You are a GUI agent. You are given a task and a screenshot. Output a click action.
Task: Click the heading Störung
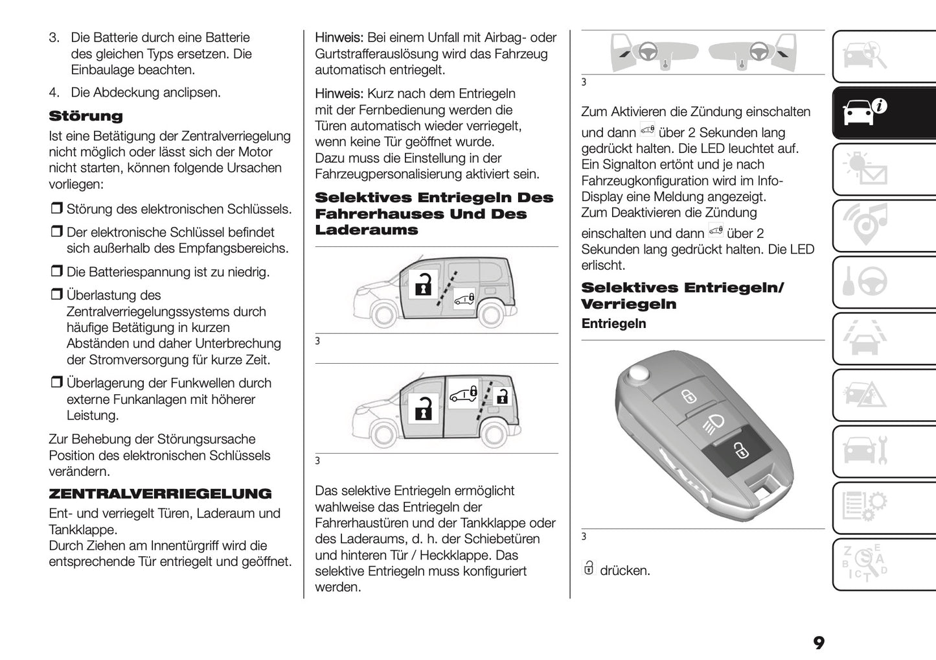tap(86, 117)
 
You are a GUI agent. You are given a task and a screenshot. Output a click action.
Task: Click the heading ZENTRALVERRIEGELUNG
tap(160, 494)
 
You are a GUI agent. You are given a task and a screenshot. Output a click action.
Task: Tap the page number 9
tap(819, 642)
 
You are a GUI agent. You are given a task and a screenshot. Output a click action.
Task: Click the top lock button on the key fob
tap(687, 396)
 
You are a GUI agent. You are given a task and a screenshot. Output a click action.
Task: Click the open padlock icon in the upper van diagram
tap(423, 285)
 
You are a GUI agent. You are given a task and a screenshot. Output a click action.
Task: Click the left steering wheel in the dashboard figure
tap(646, 52)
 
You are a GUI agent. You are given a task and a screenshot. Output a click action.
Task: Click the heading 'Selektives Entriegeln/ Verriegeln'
tap(682, 296)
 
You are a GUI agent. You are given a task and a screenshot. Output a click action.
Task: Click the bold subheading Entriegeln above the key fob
tap(613, 324)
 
